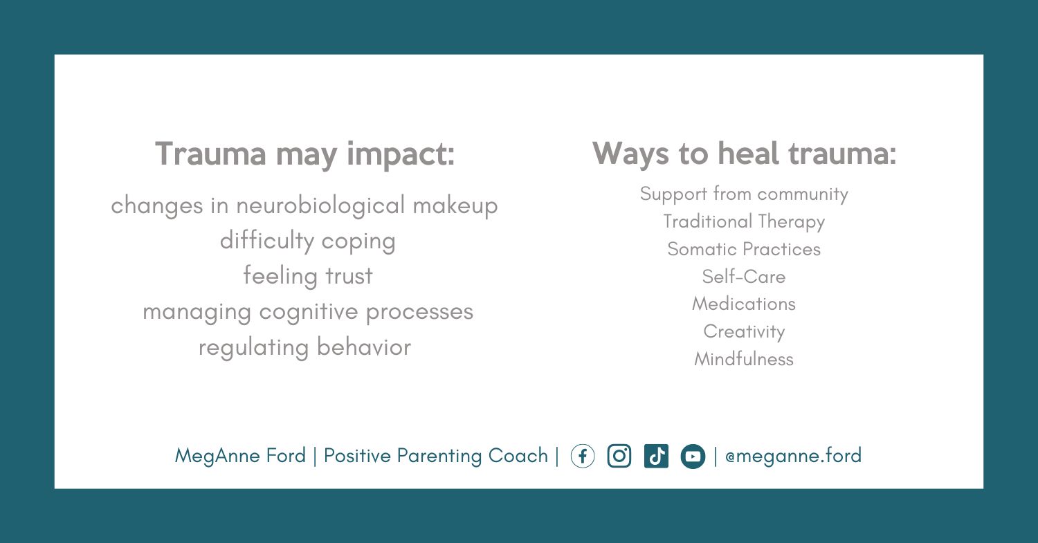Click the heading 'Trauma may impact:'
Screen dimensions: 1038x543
pos(305,155)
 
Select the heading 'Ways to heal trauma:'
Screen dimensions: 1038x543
pos(744,154)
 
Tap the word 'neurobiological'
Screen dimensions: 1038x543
pos(320,206)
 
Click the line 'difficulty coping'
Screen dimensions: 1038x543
pos(308,241)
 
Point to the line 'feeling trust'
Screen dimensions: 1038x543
pos(308,277)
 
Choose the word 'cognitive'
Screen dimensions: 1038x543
pos(309,312)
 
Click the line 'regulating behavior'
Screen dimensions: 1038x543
pos(305,347)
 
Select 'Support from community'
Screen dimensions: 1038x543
pos(744,194)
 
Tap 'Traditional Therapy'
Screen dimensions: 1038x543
pos(744,222)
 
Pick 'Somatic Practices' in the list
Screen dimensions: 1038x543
pos(744,249)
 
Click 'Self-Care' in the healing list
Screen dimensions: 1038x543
pos(744,277)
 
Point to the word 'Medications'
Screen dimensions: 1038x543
pos(744,304)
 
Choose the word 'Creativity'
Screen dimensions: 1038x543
pos(744,332)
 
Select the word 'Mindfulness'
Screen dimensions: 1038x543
pos(744,359)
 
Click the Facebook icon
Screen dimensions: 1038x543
pos(583,457)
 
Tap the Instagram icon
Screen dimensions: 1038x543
pos(619,457)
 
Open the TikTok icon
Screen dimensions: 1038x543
pos(656,457)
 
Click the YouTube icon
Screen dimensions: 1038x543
pos(693,457)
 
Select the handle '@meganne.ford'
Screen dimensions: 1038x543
pos(793,456)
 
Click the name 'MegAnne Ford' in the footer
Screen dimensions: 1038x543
pos(240,456)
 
